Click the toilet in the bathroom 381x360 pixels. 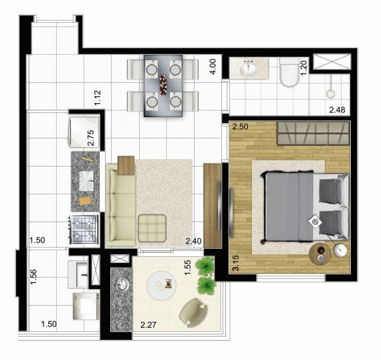click(289, 72)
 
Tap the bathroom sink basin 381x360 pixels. click(248, 68)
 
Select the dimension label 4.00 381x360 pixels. click(213, 67)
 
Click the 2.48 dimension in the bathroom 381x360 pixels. click(337, 110)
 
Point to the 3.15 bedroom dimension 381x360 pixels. click(236, 263)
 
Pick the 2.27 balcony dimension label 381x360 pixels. click(148, 325)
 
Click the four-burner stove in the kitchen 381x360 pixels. click(84, 230)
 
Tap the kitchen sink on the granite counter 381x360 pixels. click(86, 180)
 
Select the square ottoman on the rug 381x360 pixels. click(152, 228)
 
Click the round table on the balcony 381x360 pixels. click(161, 285)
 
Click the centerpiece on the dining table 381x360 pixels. click(163, 85)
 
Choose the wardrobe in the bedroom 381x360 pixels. click(313, 134)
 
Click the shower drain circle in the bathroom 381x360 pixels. click(331, 94)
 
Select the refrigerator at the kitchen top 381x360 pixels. click(84, 132)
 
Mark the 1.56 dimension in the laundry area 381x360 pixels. click(33, 276)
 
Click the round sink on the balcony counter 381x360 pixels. click(122, 284)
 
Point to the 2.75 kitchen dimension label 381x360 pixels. click(90, 138)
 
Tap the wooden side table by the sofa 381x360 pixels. click(126, 165)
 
